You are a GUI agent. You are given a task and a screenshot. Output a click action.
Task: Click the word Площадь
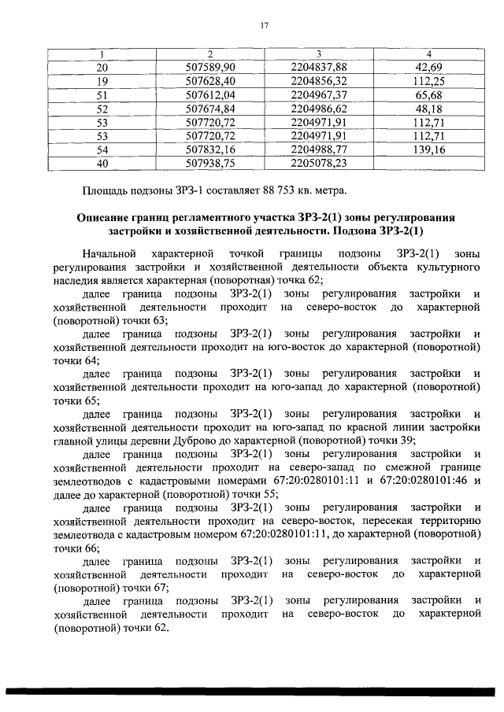pyautogui.click(x=107, y=190)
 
